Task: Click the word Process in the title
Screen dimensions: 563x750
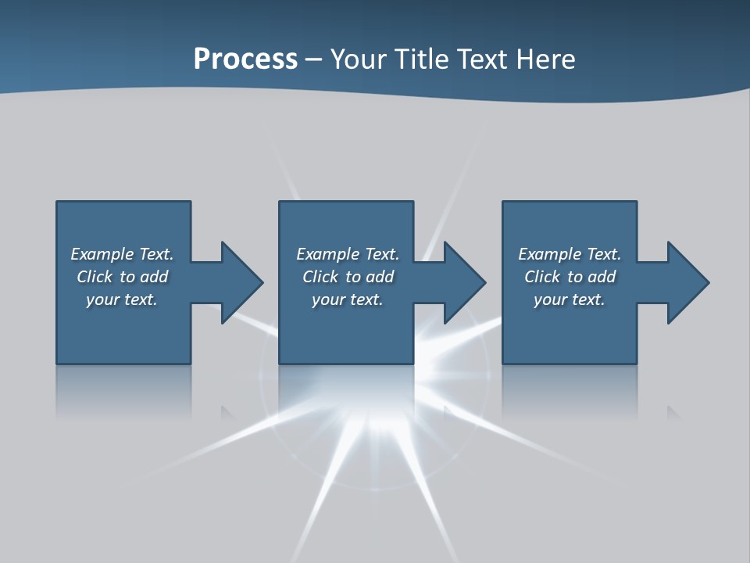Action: [245, 59]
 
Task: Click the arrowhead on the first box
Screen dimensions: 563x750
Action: [241, 282]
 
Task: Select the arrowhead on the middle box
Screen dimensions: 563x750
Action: [464, 282]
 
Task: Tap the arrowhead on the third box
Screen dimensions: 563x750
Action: [687, 282]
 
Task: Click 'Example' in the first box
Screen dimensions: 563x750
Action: [102, 254]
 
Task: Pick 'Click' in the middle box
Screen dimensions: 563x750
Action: [320, 277]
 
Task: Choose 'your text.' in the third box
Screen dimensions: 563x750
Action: [570, 299]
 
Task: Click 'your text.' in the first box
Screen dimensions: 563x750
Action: [122, 299]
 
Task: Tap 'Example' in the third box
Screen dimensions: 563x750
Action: [550, 254]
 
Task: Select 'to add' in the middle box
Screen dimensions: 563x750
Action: [370, 277]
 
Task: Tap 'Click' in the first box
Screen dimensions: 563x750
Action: [95, 277]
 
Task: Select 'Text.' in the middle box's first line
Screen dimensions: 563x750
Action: [382, 254]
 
